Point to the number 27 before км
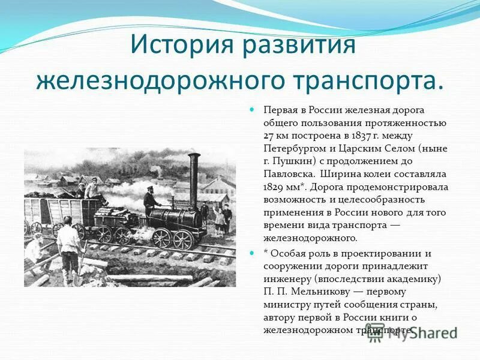(269, 136)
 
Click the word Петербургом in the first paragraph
(292, 148)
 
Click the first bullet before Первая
(252, 110)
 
